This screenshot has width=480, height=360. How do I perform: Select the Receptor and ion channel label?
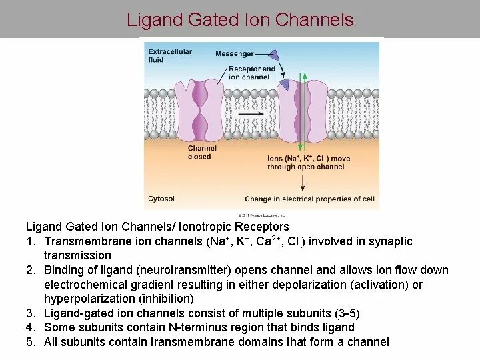point(251,73)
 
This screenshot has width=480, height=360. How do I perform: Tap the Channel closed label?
point(199,153)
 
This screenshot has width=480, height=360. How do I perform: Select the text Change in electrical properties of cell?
point(309,199)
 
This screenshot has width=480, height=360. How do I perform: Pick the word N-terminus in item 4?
point(191,327)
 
